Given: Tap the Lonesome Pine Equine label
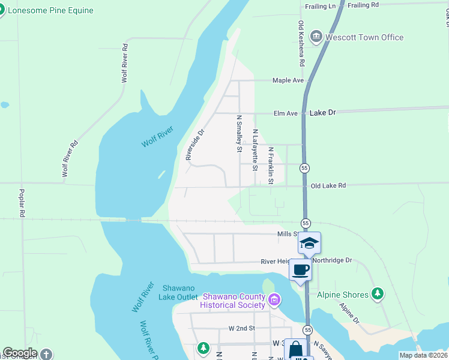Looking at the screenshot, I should click(50, 10).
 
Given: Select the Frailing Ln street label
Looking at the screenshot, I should click(321, 5).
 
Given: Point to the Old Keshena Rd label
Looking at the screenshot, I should click(302, 44).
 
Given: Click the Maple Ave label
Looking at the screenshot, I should click(288, 80).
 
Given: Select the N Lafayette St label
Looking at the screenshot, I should click(255, 150).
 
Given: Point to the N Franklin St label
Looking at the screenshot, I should click(271, 166).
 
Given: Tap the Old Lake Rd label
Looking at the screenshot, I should click(328, 186).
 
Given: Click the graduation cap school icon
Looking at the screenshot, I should click(309, 242).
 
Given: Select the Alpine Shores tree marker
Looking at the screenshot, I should click(377, 293).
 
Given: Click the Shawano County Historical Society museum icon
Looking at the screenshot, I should click(274, 299).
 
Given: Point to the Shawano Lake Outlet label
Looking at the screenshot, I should click(178, 293).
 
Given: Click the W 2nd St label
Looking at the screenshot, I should click(242, 328).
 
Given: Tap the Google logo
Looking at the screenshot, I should click(20, 353).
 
